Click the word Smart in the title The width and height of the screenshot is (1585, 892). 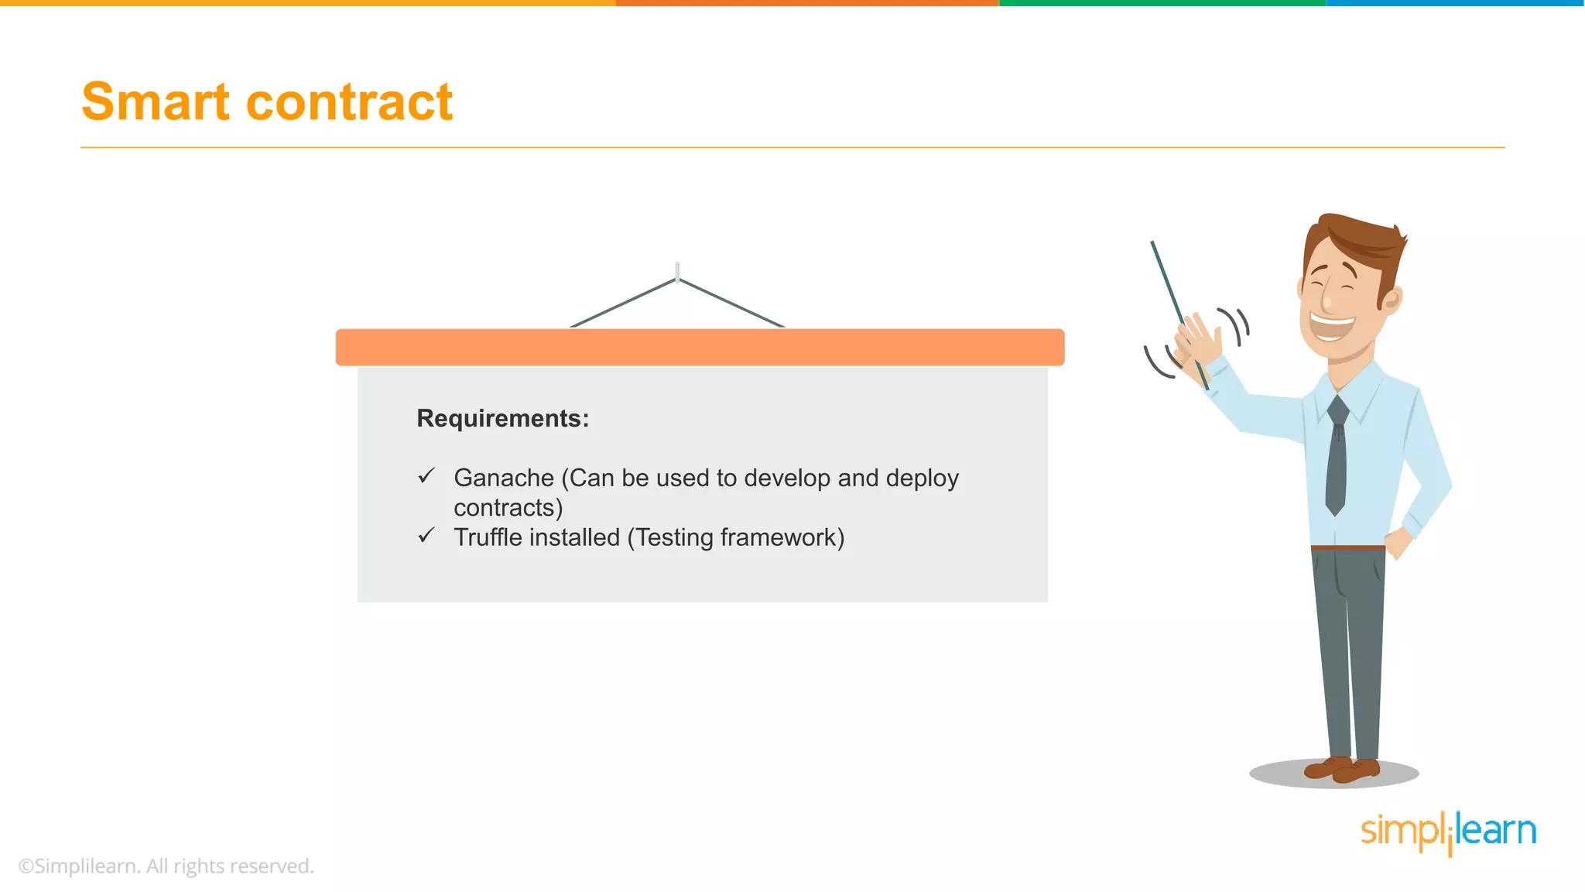point(156,101)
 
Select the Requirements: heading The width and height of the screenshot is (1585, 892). point(502,418)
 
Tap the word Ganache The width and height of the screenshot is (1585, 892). point(504,478)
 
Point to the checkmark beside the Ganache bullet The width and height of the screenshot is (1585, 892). point(426,475)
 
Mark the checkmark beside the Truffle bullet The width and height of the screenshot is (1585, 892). point(426,535)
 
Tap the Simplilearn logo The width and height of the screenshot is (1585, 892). point(1448,832)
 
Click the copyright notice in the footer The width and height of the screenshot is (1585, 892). point(166,866)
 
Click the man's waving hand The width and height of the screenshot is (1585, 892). point(1196,341)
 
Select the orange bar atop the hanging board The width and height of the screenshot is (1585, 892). point(700,347)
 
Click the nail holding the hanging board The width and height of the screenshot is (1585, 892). point(677,271)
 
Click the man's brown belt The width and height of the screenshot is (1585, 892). point(1347,547)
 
